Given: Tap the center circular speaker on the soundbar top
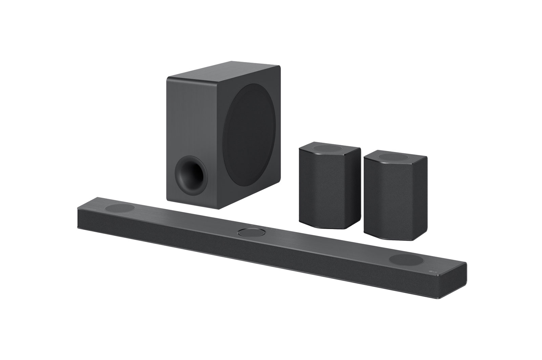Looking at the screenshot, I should coord(250,233).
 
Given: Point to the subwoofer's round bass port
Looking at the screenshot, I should coord(190,176).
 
